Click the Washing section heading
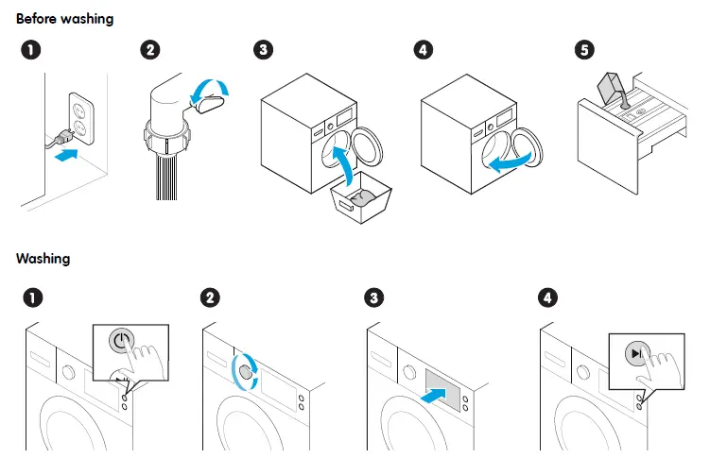43,258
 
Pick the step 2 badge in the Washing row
210,298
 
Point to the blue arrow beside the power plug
63,153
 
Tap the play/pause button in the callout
635,354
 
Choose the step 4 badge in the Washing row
546,298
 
